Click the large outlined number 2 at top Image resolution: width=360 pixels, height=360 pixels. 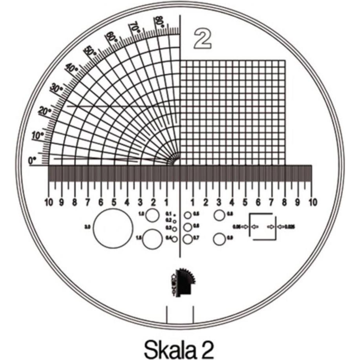click(x=203, y=39)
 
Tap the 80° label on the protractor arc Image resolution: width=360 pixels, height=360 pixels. click(x=159, y=22)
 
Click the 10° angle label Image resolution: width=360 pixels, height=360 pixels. click(x=37, y=136)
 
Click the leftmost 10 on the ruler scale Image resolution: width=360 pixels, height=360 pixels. click(x=49, y=203)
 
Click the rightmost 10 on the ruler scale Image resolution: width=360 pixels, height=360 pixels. click(x=311, y=203)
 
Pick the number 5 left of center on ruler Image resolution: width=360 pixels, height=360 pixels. click(x=114, y=203)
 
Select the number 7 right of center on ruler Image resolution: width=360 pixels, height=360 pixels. click(x=271, y=203)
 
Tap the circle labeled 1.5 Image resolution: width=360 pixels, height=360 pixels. click(x=152, y=239)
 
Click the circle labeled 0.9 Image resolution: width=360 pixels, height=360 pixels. click(x=219, y=238)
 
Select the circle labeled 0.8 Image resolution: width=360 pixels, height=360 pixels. click(x=219, y=215)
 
